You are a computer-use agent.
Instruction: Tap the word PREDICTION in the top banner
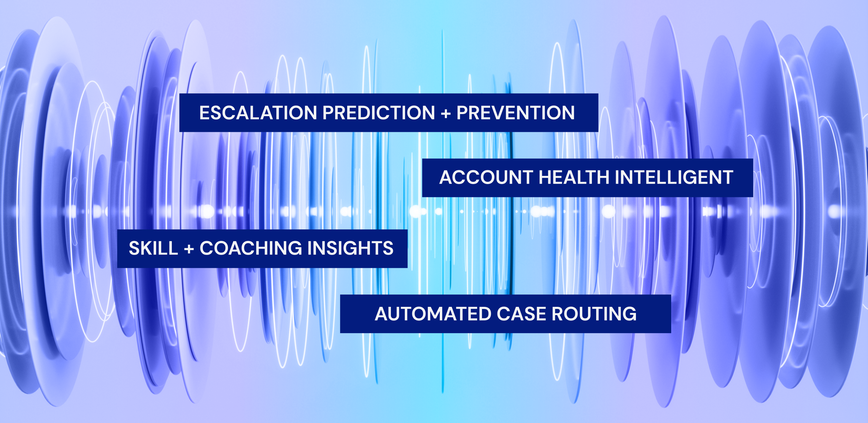point(379,113)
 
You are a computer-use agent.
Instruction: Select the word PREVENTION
point(516,113)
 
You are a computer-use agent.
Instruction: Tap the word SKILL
point(153,248)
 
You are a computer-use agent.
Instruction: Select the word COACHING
point(251,248)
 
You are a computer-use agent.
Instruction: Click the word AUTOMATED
point(433,314)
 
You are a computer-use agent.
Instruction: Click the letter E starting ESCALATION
point(205,113)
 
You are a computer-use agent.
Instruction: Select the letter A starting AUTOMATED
point(382,314)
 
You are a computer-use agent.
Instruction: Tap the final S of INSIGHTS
point(387,248)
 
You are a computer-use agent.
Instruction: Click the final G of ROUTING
point(629,314)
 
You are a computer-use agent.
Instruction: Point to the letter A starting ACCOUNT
point(446,177)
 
